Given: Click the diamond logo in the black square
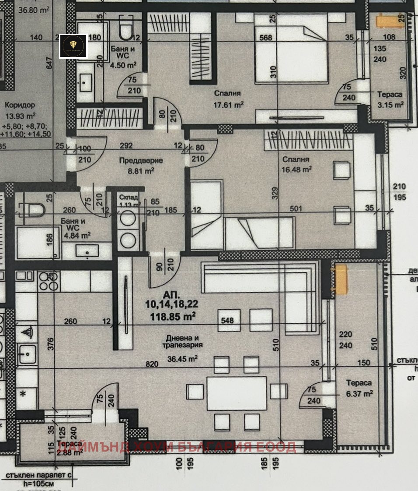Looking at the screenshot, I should tap(73, 46).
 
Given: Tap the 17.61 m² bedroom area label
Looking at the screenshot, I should tap(228, 104).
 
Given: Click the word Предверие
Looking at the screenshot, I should tap(141, 161).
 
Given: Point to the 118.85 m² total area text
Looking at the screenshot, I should tap(173, 315).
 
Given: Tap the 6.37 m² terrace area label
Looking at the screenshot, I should tap(359, 394).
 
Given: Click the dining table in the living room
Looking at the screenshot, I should tap(237, 393).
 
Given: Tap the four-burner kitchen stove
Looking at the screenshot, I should tap(49, 281).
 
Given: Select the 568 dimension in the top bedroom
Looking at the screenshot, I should tap(265, 38).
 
